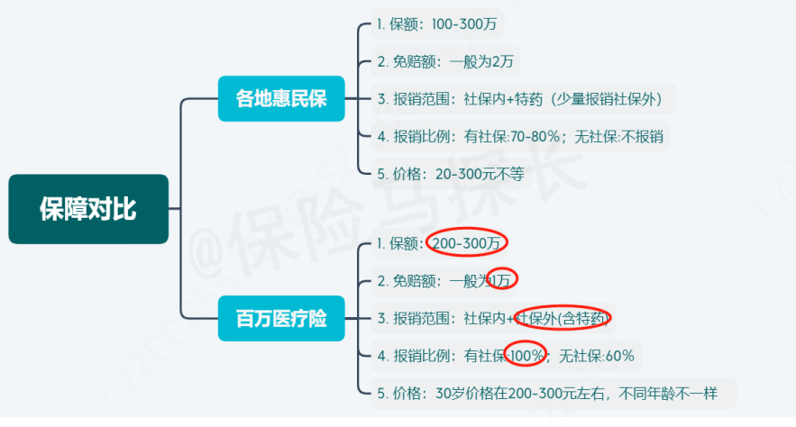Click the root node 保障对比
coord(88,209)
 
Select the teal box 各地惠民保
coord(281,98)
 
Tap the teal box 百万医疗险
coord(281,319)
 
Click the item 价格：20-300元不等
coord(450,174)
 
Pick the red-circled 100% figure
coord(526,356)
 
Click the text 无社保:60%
coord(598,356)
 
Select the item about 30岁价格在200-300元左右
coord(554,393)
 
